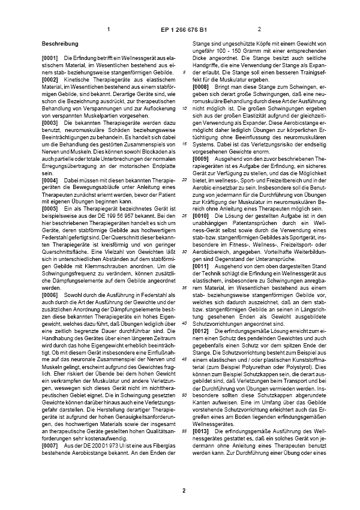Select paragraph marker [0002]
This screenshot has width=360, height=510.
(51, 79)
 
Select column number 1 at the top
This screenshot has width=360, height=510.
(109, 29)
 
